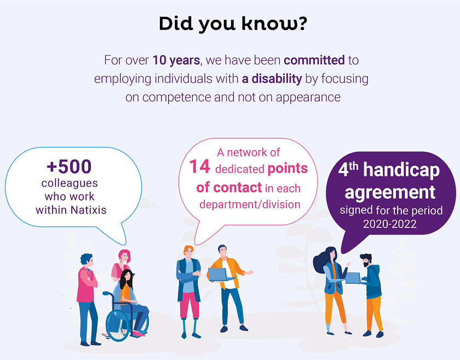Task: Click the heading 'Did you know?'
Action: pos(233,24)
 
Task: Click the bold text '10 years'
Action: pos(176,60)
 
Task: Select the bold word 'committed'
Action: pos(314,60)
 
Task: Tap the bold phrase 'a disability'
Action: pos(272,79)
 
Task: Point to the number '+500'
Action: pos(69,167)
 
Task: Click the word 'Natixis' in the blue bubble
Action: pos(89,210)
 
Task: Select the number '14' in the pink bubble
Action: pos(199,166)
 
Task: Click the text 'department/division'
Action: pos(250,204)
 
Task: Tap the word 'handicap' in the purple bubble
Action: pos(401,170)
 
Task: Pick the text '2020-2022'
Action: pos(390,224)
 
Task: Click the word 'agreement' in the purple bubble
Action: pos(390,193)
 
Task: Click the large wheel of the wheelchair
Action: pos(117,325)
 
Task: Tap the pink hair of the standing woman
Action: pos(124,255)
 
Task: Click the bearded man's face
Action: pos(366,261)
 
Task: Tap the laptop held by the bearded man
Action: pos(353,278)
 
